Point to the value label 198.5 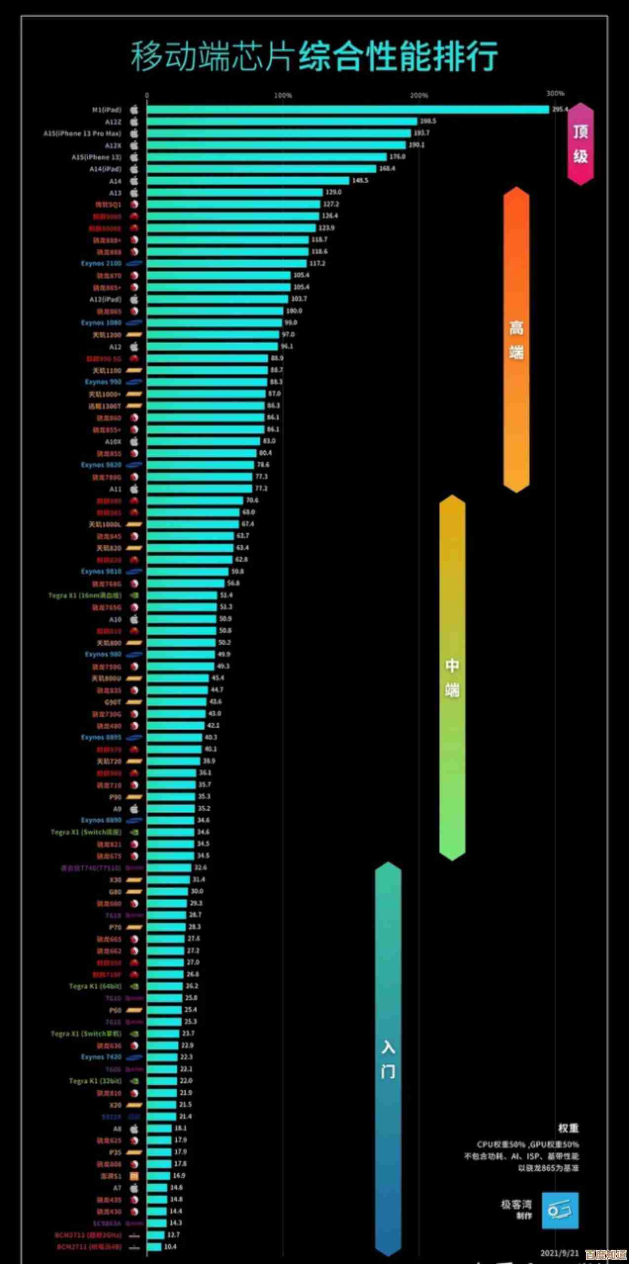[x=428, y=121]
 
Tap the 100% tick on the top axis [x=283, y=95]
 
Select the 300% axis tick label [x=555, y=93]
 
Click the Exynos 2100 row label [x=101, y=264]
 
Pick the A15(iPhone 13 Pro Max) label [x=82, y=133]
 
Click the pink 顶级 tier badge [x=581, y=144]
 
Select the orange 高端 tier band [x=516, y=339]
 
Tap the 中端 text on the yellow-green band [x=452, y=677]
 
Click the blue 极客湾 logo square [x=560, y=1211]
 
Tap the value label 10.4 [x=170, y=1247]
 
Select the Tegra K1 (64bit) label [x=95, y=986]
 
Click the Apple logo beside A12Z [x=134, y=121]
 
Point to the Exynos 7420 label [x=101, y=1057]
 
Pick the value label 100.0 [x=294, y=311]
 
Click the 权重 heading [x=568, y=1128]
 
